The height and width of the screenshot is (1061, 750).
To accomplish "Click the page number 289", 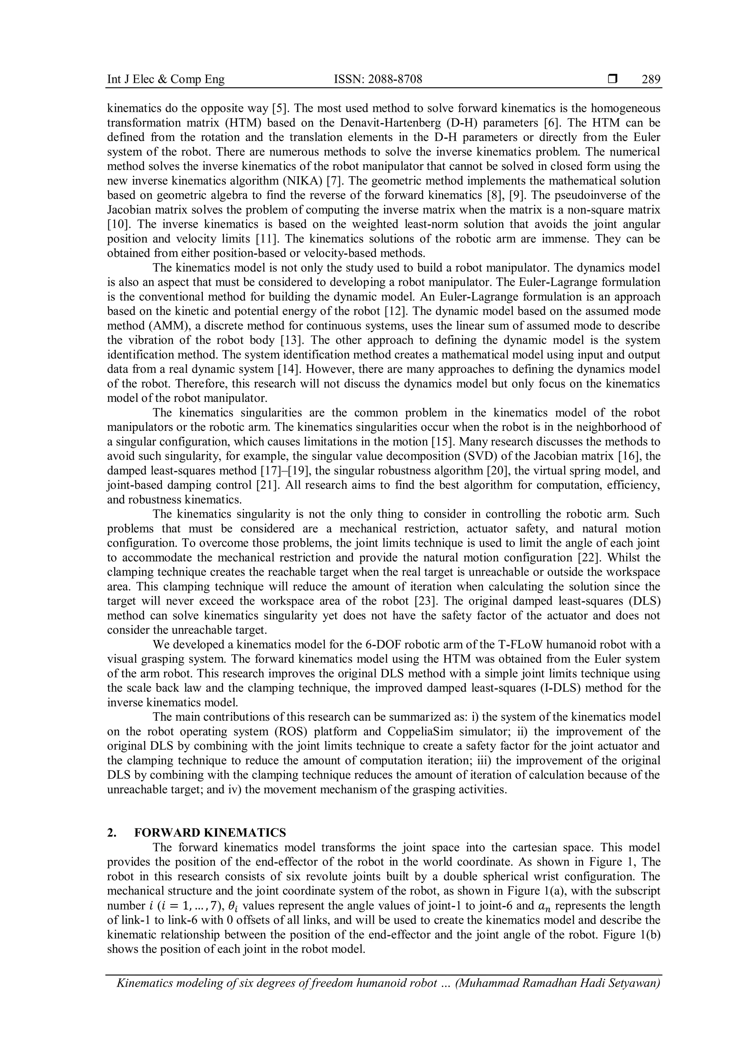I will point(651,80).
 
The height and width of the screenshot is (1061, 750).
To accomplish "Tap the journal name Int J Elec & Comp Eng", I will point(166,80).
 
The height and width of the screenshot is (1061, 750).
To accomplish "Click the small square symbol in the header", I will point(612,80).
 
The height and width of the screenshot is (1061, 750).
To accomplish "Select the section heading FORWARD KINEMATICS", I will point(210,833).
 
